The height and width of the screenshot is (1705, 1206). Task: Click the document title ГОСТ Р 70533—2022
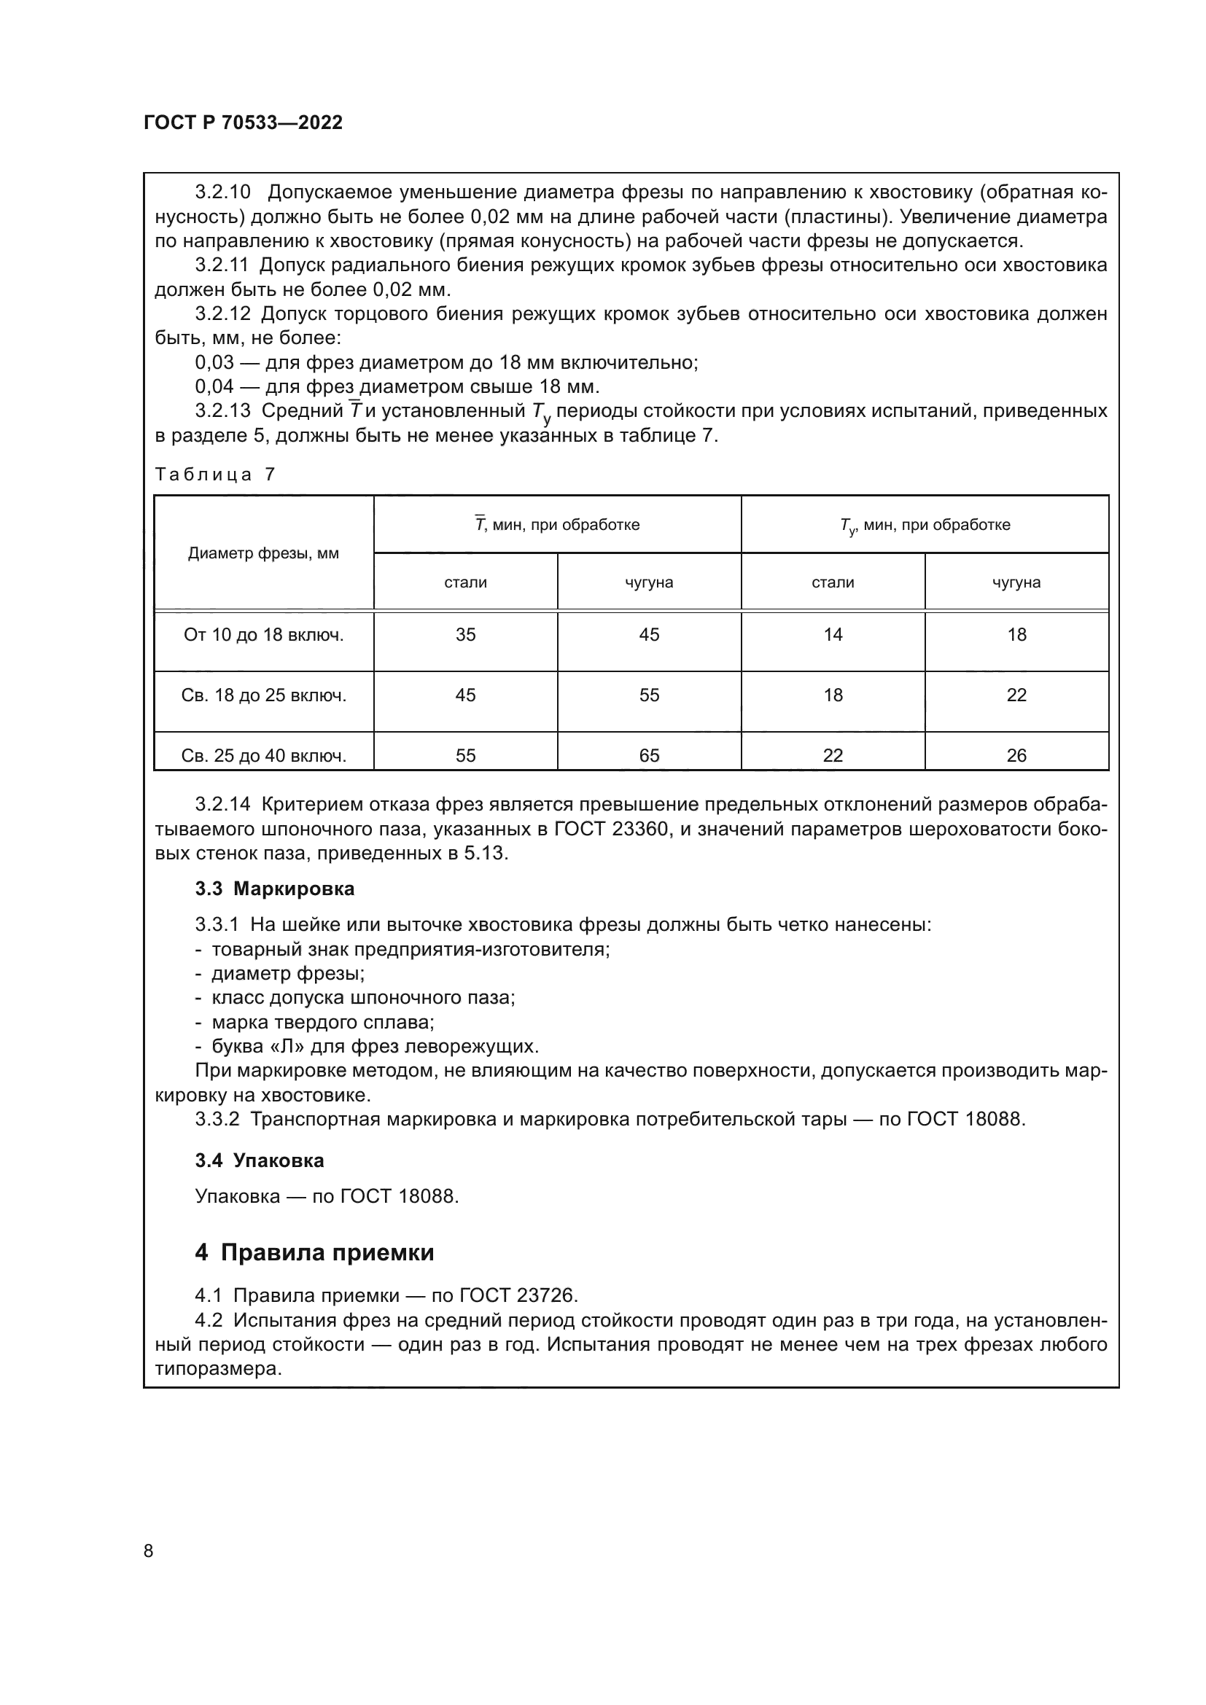tap(243, 122)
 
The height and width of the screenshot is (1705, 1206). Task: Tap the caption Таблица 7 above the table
tap(214, 474)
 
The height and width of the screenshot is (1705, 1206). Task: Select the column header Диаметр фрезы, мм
tap(263, 553)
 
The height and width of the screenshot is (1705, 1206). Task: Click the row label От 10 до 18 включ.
tap(264, 635)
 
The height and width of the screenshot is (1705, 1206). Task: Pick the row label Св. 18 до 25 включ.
tap(264, 695)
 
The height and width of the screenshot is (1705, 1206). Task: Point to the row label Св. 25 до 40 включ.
tap(264, 755)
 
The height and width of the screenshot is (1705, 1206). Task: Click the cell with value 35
tap(466, 635)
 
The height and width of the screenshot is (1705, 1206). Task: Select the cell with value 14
tap(833, 635)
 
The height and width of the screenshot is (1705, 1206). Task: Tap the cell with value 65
tap(649, 755)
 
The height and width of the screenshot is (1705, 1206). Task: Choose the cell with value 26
tap(1016, 755)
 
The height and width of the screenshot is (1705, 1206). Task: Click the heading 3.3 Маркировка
tap(275, 889)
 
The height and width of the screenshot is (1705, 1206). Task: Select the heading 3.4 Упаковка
tap(259, 1160)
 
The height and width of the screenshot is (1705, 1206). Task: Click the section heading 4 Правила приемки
tap(314, 1253)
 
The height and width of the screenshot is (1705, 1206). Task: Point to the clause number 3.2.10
tap(223, 192)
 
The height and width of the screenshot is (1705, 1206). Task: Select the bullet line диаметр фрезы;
tap(287, 974)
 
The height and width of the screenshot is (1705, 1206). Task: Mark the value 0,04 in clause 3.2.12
tap(214, 387)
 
